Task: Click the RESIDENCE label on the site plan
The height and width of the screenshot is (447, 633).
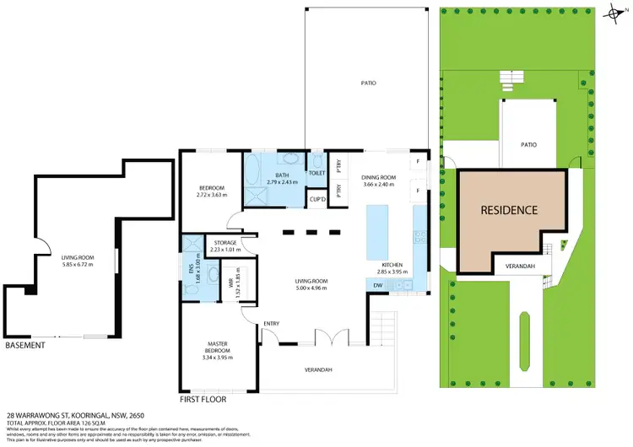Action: pos(509,209)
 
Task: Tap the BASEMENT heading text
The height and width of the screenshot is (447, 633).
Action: pos(26,346)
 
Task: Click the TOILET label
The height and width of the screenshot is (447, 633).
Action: pos(316,173)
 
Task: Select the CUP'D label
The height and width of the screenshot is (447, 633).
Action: pos(317,200)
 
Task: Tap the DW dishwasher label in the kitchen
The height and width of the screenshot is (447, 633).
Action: pos(378,286)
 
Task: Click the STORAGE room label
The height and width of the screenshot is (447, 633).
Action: pos(225,243)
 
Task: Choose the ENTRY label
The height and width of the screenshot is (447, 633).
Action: pos(271,322)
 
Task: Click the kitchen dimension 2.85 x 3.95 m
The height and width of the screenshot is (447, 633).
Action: pos(392,272)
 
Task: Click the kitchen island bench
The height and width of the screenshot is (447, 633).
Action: pos(372,234)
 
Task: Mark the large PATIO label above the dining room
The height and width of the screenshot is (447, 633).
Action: pos(367,83)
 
